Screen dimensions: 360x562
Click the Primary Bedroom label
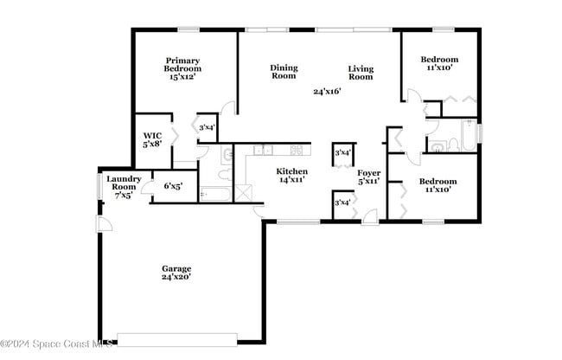click(x=182, y=68)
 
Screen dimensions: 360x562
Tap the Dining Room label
click(x=284, y=72)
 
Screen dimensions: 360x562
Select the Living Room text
click(x=361, y=73)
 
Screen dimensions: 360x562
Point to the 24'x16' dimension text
click(x=327, y=91)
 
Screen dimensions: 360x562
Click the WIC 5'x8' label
click(x=152, y=139)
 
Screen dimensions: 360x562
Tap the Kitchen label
click(x=291, y=176)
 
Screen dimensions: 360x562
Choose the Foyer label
click(x=369, y=177)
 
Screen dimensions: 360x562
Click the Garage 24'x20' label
click(x=176, y=273)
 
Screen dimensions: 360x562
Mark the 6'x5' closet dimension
click(x=173, y=185)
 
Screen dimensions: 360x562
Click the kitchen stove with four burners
click(x=296, y=150)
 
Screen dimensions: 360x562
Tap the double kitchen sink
click(x=263, y=150)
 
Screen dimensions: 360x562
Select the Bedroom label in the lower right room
click(x=438, y=182)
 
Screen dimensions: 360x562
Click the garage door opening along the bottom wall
click(x=176, y=338)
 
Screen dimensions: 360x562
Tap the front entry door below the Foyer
click(x=370, y=216)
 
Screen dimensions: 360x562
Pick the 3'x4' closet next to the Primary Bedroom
click(x=207, y=128)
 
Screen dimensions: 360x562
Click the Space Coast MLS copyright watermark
click(x=59, y=343)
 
